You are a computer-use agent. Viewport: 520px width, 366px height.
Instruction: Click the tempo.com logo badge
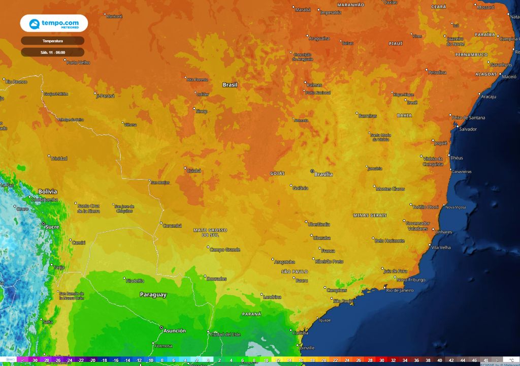click(54, 23)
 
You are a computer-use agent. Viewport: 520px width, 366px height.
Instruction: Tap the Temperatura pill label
click(52, 40)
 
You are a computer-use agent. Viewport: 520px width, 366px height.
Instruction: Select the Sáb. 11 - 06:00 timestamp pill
click(52, 52)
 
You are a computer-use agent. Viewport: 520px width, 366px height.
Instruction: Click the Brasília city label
click(323, 174)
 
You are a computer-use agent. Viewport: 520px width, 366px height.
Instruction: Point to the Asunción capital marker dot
click(161, 327)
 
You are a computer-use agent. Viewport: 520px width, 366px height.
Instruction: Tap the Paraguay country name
click(153, 295)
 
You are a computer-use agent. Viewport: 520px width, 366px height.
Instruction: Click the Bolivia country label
click(48, 192)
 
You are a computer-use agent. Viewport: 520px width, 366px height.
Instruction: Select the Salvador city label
click(468, 129)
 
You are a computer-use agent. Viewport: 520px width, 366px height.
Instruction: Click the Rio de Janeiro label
click(401, 290)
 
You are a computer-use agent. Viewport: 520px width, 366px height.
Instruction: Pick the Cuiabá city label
click(194, 171)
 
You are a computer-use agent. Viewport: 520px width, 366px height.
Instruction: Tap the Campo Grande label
click(225, 250)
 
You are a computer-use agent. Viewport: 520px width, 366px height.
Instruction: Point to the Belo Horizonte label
click(390, 240)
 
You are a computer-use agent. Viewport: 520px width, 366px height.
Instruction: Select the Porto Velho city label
click(78, 63)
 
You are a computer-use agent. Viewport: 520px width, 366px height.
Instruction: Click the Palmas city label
click(314, 85)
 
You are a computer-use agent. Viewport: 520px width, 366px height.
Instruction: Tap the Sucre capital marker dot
click(43, 224)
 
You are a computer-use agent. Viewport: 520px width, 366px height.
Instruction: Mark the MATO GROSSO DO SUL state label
click(210, 233)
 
